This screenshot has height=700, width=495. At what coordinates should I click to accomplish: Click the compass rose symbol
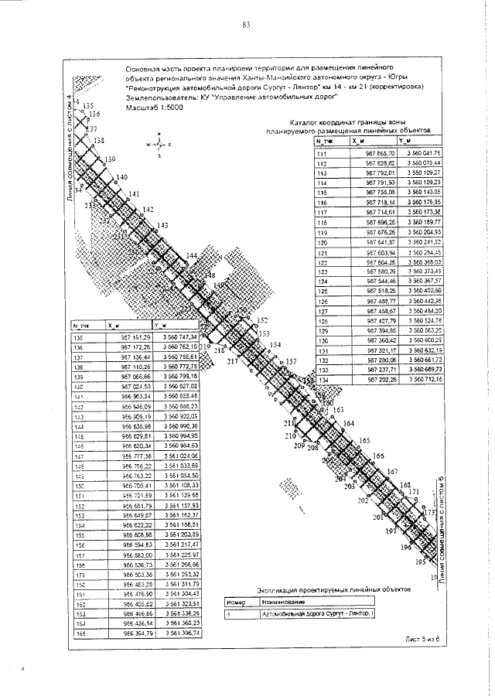158,145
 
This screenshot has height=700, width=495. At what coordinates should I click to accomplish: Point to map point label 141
134,193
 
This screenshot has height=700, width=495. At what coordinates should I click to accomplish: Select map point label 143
162,225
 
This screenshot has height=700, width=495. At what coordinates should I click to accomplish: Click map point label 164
349,423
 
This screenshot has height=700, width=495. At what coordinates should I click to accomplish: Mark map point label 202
363,501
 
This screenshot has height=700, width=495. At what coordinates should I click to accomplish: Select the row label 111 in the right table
323,154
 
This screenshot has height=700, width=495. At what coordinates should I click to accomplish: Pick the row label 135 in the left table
77,337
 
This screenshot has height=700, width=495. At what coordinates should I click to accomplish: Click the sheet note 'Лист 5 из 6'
422,640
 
